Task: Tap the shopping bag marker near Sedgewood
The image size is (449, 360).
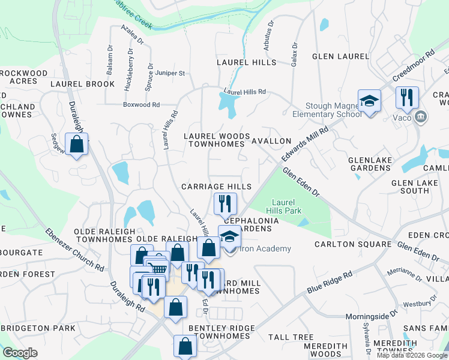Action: [x=76, y=145]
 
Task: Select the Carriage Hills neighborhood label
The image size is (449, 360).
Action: [x=217, y=187]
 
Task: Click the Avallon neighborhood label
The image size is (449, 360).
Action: [x=271, y=141]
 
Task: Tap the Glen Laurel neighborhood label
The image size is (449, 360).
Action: [x=340, y=56]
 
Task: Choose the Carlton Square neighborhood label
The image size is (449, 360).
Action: [x=353, y=244]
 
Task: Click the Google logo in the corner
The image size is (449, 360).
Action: [x=20, y=353]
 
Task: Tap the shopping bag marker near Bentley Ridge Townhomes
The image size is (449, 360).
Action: [x=184, y=346]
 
